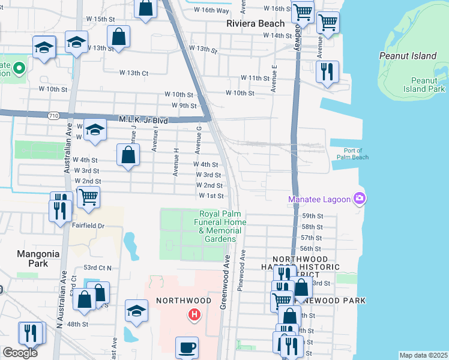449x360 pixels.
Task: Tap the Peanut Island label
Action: tap(408, 56)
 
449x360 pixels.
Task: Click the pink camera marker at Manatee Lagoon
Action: tap(360, 198)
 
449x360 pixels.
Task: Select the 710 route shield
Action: tap(54, 115)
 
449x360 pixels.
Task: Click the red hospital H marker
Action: tap(194, 314)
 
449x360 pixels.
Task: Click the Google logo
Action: tap(20, 353)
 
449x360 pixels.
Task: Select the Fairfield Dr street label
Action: tap(89, 226)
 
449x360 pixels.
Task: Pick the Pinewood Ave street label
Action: tap(242, 270)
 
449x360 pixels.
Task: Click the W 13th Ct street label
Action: tap(133, 73)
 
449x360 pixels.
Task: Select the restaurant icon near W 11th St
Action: tap(328, 72)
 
